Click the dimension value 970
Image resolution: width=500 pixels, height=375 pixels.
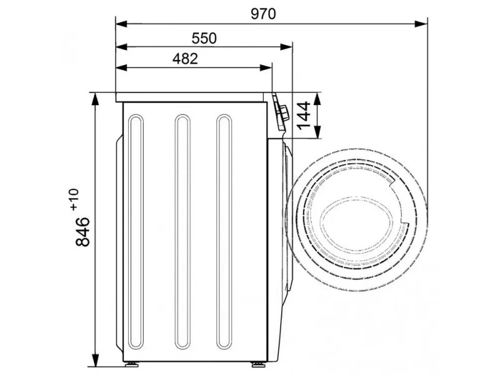(263, 14)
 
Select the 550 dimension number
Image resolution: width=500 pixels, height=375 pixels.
(204, 38)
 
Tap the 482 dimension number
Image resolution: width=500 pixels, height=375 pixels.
(185, 59)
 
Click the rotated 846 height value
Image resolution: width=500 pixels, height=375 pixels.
(82, 231)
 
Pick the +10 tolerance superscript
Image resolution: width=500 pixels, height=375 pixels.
(74, 199)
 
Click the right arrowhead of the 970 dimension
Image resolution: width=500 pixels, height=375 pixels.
(421, 24)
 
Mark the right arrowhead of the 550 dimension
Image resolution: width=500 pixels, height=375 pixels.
(286, 47)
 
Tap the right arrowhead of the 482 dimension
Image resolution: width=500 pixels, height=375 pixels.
(266, 67)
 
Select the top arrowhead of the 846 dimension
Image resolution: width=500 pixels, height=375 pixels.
(95, 99)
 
